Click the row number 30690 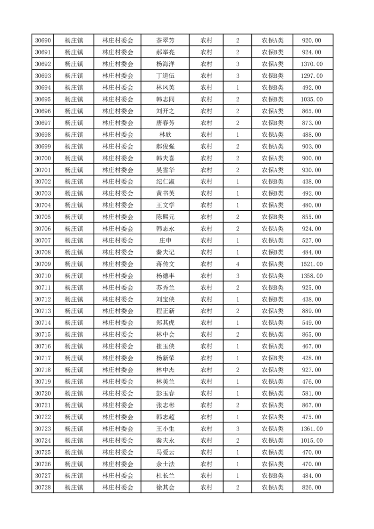pyautogui.click(x=43, y=41)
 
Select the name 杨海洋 pyautogui.click(x=165, y=64)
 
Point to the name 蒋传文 pyautogui.click(x=165, y=264)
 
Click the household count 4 pyautogui.click(x=238, y=264)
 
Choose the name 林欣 pyautogui.click(x=165, y=135)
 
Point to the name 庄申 pyautogui.click(x=165, y=240)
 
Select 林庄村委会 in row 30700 pyautogui.click(x=118, y=158)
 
